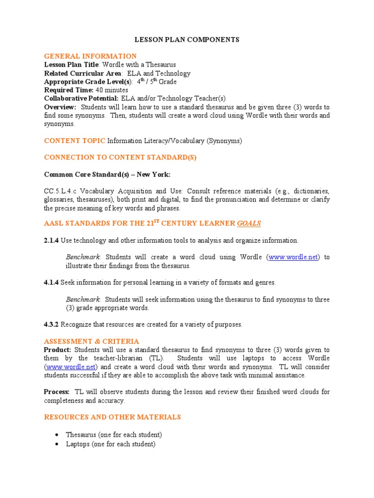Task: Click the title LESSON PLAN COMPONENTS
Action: (187, 39)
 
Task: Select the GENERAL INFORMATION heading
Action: (91, 56)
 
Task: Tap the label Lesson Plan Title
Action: (72, 65)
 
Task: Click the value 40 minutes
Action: (112, 90)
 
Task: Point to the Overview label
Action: (60, 107)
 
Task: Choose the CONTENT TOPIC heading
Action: (75, 141)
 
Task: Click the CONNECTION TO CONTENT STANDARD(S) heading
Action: (120, 158)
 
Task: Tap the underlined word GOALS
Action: (249, 224)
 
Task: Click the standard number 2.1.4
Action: (52, 240)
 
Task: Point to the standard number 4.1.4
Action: (52, 282)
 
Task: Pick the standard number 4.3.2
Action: (52, 324)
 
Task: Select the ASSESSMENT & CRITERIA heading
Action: (92, 341)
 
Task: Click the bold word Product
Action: (57, 350)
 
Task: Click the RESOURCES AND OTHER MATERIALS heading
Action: (112, 417)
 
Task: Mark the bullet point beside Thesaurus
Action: (57, 435)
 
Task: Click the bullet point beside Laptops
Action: (57, 444)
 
